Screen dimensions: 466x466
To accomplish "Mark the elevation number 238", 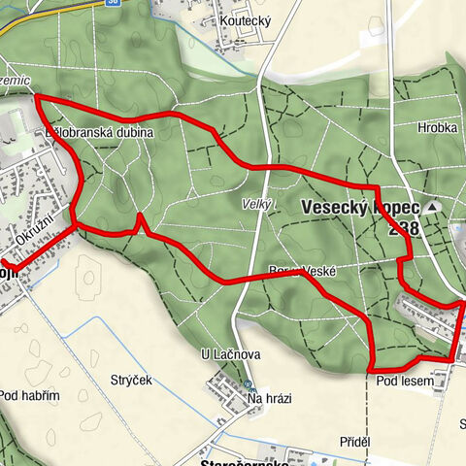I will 404,229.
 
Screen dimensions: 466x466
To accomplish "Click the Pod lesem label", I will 405,382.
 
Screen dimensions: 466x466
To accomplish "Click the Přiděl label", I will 355,442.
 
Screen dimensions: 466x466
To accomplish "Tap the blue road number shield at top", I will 113,3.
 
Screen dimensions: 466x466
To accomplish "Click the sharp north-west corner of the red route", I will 37,97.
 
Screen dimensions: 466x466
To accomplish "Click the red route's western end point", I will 4,261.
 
